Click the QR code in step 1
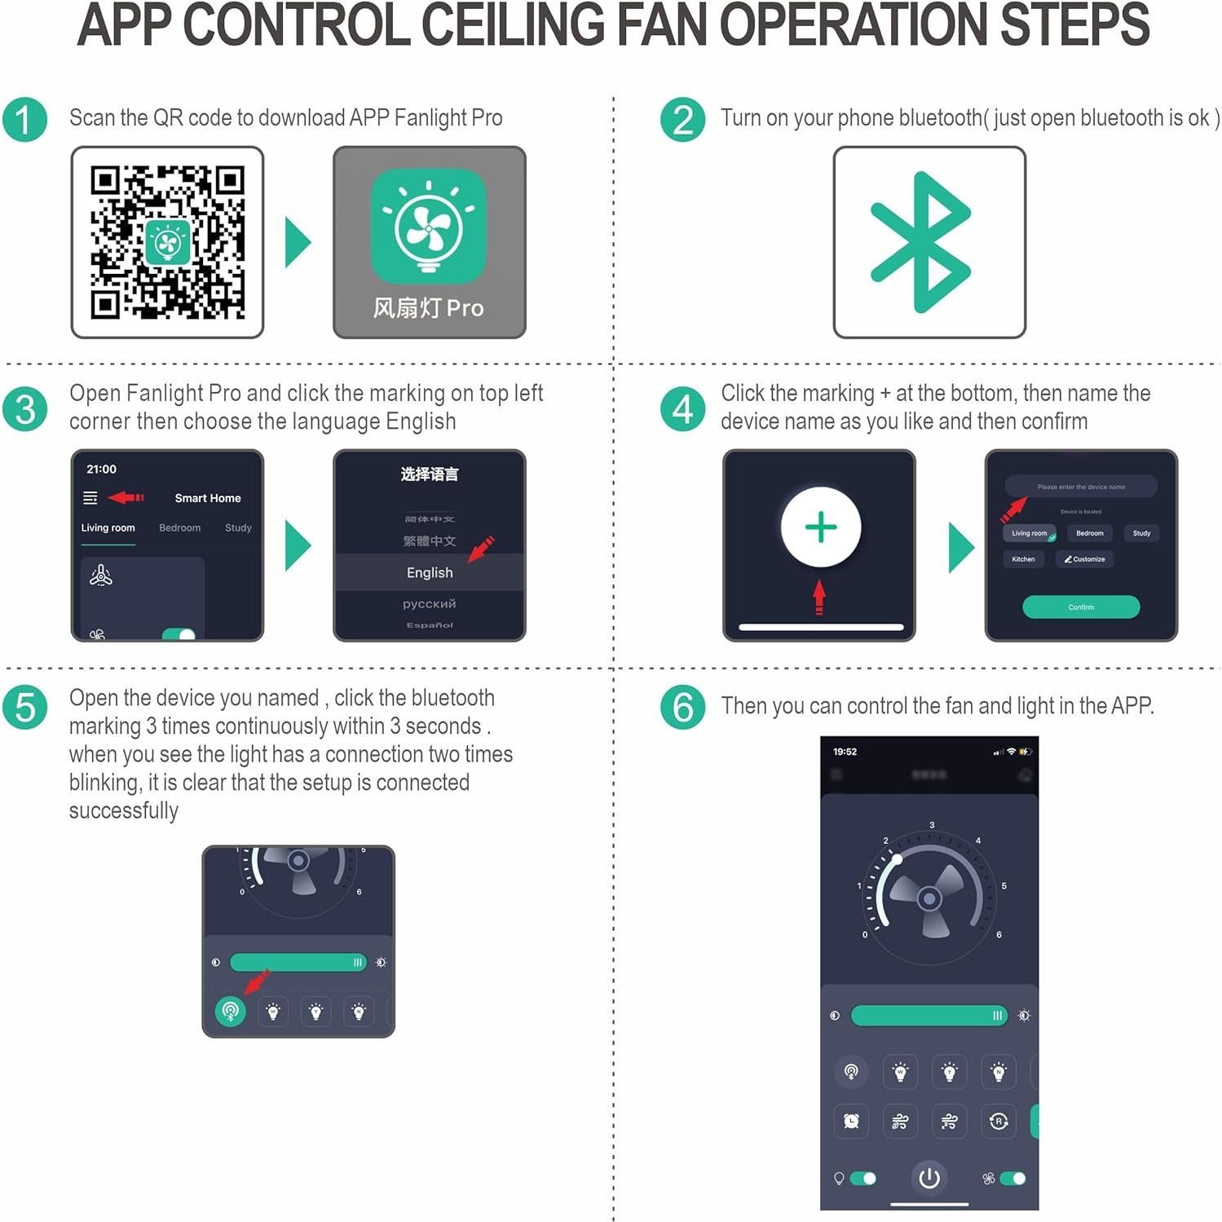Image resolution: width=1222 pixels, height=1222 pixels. [x=167, y=242]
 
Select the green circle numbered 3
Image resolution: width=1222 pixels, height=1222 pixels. [x=25, y=408]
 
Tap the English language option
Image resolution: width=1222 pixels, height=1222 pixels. [x=430, y=572]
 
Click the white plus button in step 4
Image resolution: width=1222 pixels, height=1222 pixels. [x=820, y=527]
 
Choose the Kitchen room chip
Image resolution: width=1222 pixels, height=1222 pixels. [x=1023, y=559]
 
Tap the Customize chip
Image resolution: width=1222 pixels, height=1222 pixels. [x=1085, y=559]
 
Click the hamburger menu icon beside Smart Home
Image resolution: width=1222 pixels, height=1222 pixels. [x=90, y=497]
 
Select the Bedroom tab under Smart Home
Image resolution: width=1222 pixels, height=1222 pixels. [x=179, y=527]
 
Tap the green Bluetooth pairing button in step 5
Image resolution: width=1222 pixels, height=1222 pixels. [x=231, y=1012]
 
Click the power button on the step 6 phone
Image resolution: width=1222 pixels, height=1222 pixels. [x=929, y=1178]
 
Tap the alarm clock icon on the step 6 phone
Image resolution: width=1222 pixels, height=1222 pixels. [x=851, y=1121]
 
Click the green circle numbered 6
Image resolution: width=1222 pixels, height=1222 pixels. [x=683, y=707]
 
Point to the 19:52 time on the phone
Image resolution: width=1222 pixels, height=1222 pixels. [x=845, y=752]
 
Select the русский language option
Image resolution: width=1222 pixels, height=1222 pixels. [x=430, y=603]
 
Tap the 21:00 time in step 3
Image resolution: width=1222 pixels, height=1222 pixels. [x=101, y=469]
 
